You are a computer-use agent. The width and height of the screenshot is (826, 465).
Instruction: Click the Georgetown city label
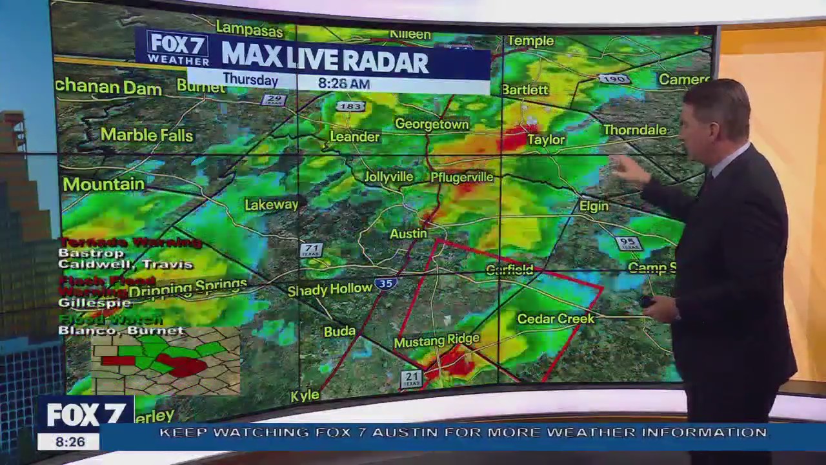point(432,124)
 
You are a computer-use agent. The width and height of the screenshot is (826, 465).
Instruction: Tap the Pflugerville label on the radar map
point(461,177)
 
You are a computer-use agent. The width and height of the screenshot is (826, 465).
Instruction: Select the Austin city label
point(408,234)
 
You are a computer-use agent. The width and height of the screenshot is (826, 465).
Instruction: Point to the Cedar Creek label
point(556,318)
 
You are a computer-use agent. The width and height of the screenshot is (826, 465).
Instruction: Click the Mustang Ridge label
point(437,340)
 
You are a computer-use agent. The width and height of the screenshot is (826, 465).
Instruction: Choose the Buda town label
point(339,331)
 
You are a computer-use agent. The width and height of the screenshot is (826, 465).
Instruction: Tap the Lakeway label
point(272,205)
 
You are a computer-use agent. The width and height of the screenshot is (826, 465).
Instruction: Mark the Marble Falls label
point(146,135)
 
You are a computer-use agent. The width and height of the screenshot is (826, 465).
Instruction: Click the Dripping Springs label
point(188,288)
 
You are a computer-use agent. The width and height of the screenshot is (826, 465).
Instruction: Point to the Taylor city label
point(546,139)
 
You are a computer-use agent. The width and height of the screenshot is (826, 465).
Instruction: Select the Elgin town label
point(594,206)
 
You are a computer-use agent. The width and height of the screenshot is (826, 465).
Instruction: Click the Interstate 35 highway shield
point(385,284)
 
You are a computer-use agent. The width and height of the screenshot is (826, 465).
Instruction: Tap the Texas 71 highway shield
point(311,250)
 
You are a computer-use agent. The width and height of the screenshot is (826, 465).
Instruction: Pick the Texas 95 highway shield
point(628,243)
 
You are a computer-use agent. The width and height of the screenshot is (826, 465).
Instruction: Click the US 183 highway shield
point(350,106)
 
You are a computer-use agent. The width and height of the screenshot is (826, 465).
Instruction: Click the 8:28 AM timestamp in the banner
point(343,83)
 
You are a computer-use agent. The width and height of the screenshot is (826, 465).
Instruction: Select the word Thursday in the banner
point(250,80)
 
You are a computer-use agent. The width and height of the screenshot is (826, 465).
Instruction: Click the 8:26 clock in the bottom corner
point(69,442)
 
